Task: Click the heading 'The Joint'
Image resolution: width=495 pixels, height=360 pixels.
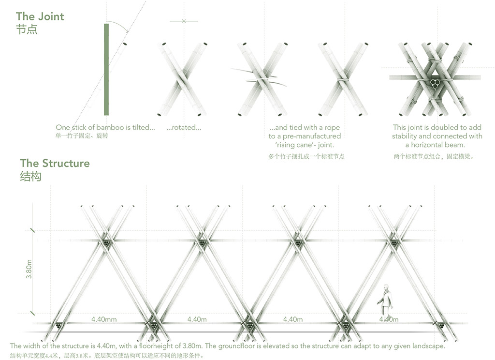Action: tap(40, 16)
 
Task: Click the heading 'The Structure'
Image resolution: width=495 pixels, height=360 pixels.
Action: tap(55, 163)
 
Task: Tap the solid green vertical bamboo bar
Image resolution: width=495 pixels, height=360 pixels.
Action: tap(106, 69)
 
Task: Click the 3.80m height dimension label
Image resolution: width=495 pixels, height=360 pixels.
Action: tap(29, 269)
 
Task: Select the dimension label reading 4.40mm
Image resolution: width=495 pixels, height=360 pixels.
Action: tap(104, 319)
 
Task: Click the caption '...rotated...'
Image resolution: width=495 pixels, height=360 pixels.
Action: tap(184, 127)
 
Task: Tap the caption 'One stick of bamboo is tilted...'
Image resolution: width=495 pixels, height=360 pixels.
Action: tap(105, 127)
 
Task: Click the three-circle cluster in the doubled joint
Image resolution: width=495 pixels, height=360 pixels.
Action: tap(435, 83)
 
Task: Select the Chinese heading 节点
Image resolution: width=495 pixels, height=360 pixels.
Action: tap(27, 29)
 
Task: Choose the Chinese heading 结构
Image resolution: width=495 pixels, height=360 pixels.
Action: tap(30, 176)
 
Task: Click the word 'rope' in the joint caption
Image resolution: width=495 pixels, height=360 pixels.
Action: tap(332, 128)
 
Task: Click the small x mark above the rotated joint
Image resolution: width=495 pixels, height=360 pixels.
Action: tap(184, 21)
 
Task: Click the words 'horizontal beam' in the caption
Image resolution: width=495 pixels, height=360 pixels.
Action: tap(437, 145)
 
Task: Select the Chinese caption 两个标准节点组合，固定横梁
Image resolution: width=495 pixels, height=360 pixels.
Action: tap(433, 156)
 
